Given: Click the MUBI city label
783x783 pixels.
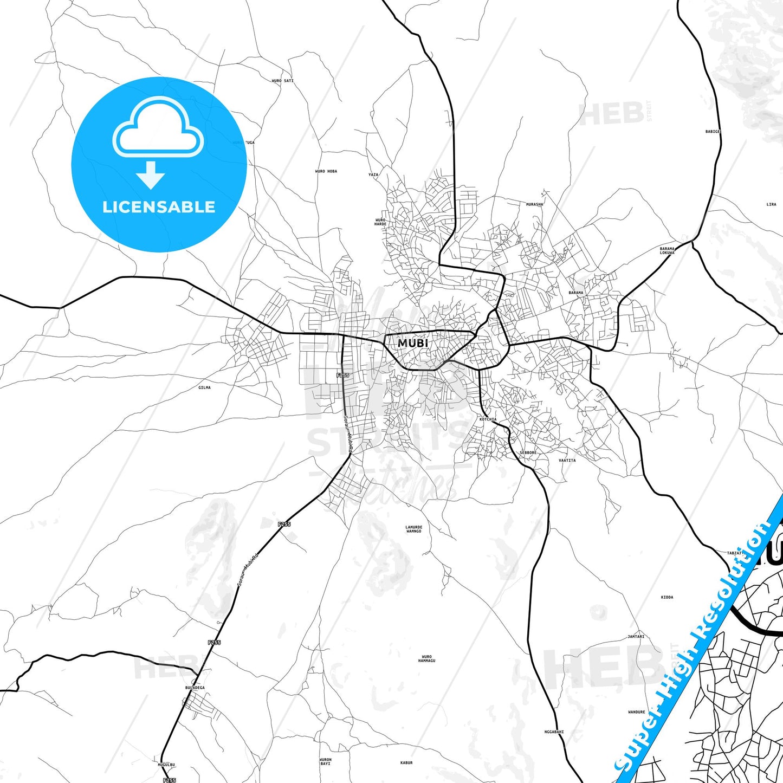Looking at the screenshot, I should coord(413,343).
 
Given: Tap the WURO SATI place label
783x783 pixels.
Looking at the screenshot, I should coord(282,81).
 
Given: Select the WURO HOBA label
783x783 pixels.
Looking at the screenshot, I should coord(326,171).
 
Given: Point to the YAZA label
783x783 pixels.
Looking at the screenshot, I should coord(373,174).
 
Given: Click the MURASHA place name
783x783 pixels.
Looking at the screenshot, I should coord(534,204).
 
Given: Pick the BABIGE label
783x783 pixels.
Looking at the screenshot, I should coord(713,132).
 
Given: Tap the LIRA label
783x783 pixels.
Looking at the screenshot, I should coord(771,204).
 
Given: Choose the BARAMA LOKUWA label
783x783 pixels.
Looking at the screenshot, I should coord(667,251).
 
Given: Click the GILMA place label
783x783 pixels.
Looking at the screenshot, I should coord(204,387).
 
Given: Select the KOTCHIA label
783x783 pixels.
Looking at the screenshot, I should coord(488,419).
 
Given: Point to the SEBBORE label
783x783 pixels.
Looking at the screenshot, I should coord(528,452).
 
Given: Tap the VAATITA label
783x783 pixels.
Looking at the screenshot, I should coord(567,460).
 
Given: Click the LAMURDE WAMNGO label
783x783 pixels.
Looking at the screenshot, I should coord(413,529).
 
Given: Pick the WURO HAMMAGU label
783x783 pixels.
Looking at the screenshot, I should coord(426,659).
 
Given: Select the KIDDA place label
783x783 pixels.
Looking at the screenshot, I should coord(667,597).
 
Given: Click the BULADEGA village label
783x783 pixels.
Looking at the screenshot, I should coord(195,688).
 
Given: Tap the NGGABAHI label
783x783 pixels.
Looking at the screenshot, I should coord(554,732).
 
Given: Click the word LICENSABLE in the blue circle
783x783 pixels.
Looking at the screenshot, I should coord(159,206).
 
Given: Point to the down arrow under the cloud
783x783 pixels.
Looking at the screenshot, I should coord(151,175).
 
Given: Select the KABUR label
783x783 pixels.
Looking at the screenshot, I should coord(406,763).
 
